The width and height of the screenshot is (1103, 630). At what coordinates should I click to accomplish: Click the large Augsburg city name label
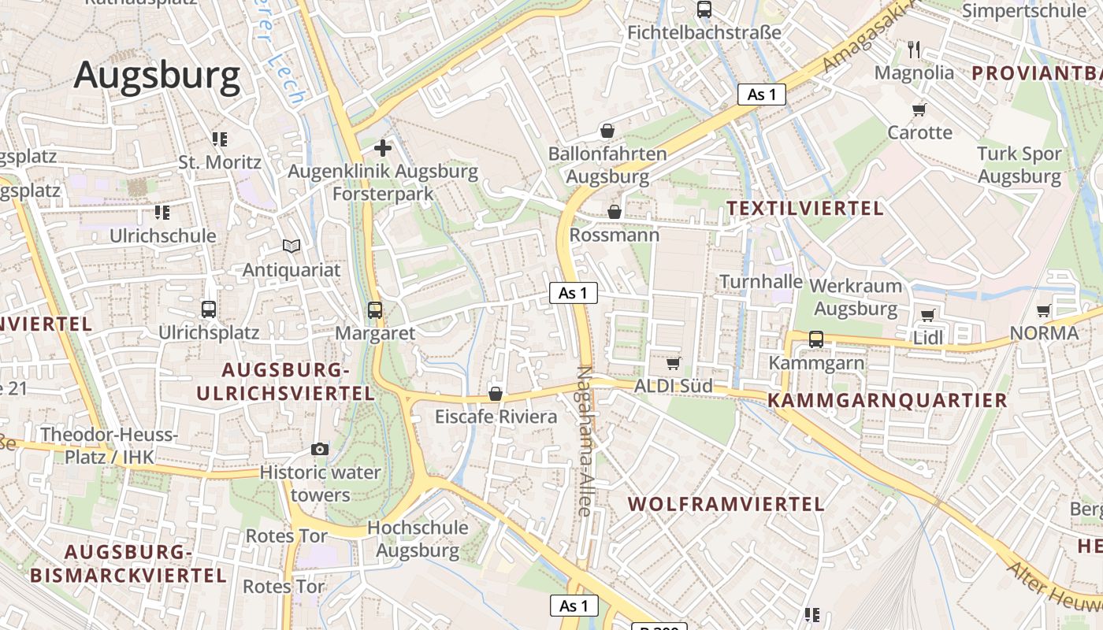pos(157,76)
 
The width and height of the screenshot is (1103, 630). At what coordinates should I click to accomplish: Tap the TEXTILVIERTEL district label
pos(804,209)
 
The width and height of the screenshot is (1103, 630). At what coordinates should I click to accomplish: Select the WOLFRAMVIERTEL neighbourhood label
pos(726,504)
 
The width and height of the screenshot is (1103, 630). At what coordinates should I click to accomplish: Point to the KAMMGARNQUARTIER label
pos(887,400)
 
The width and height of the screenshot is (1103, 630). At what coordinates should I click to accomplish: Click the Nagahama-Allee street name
pos(584,441)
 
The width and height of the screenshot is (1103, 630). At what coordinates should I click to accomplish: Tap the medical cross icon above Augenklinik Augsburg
pos(383,147)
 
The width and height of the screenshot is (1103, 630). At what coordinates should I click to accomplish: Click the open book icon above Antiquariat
pos(292,246)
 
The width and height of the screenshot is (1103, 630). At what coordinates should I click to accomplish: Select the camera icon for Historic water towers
pos(320,449)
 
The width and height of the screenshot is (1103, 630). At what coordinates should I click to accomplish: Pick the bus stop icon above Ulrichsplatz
pos(209,309)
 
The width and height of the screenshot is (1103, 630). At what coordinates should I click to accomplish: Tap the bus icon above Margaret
pos(375,310)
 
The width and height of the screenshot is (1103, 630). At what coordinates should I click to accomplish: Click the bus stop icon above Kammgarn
pos(816,339)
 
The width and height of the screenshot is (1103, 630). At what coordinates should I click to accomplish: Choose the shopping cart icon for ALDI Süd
pos(674,363)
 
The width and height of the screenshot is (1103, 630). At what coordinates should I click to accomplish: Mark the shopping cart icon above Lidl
pos(927,315)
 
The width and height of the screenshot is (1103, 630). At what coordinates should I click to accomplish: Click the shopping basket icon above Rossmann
pos(615,212)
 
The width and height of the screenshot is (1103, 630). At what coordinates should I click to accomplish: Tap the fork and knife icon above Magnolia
pos(914,50)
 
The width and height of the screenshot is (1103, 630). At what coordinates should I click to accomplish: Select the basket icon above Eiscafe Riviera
pos(496,394)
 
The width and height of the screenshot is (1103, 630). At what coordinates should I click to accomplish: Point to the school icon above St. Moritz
pos(219,139)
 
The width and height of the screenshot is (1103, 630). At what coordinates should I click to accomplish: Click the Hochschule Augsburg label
pos(418,539)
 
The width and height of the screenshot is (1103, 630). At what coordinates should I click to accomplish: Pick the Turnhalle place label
pos(761,282)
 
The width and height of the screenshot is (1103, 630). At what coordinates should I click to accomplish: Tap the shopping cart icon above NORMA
pos(1044,310)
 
